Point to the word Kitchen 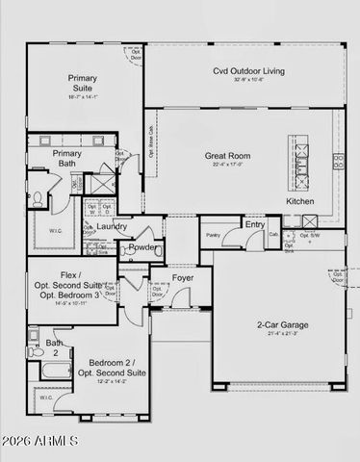pyautogui.click(x=299, y=201)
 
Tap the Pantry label pyautogui.click(x=213, y=234)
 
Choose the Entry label pyautogui.click(x=255, y=224)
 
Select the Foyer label pyautogui.click(x=183, y=279)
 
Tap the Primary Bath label pyautogui.click(x=66, y=158)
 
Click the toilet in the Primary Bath pyautogui.click(x=36, y=198)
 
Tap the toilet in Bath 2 pyautogui.click(x=33, y=336)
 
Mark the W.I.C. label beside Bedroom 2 pyautogui.click(x=45, y=397)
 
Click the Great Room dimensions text pyautogui.click(x=227, y=166)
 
